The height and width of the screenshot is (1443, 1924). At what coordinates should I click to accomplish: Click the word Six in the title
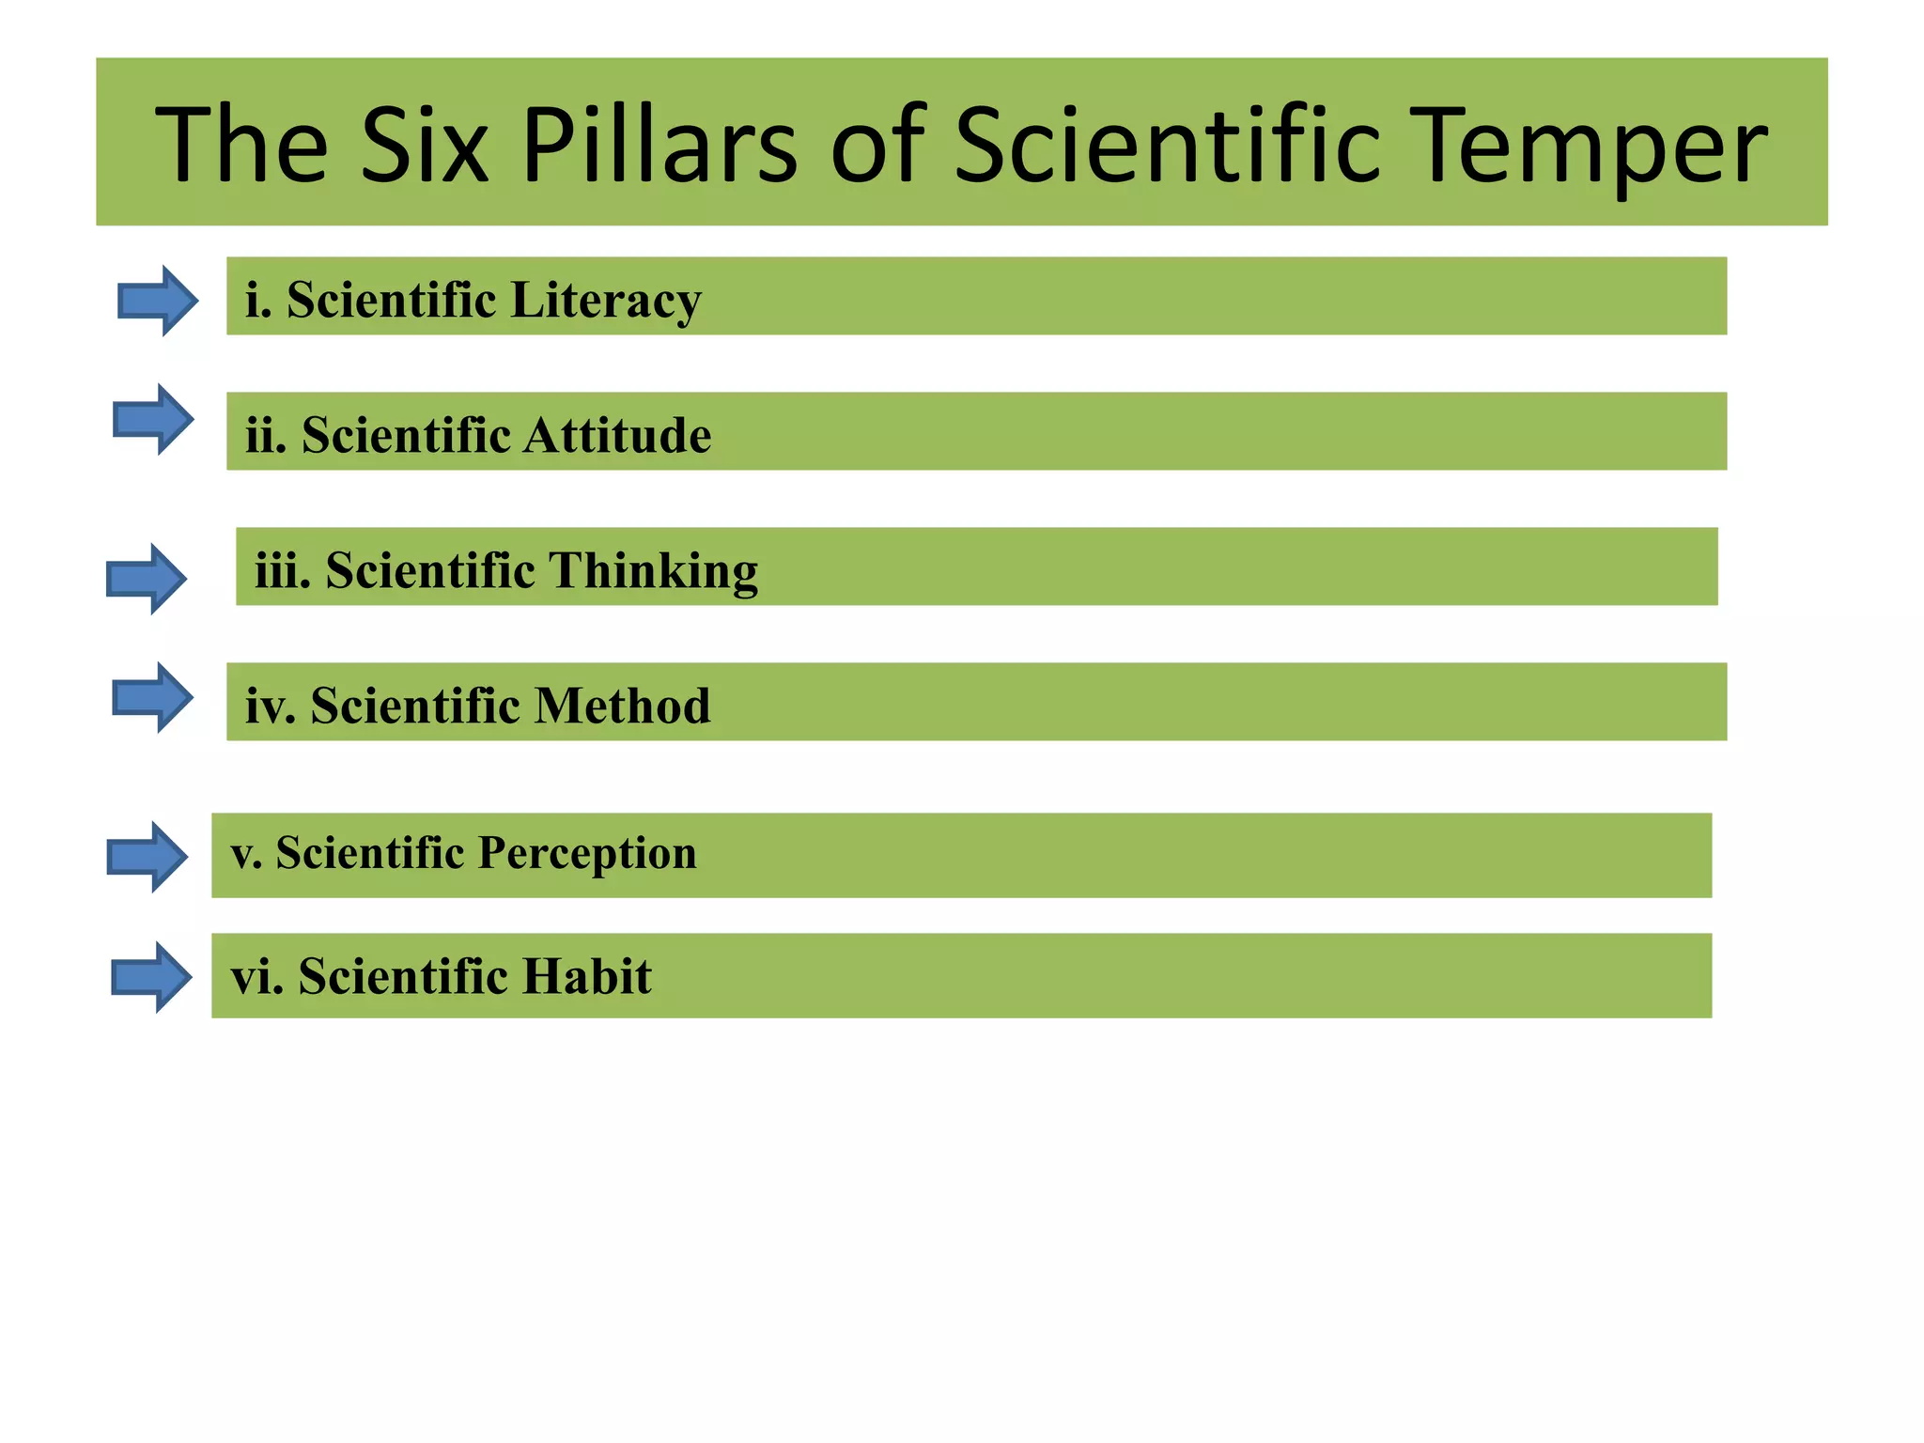point(424,146)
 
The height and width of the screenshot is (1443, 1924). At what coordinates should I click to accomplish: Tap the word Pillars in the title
point(659,146)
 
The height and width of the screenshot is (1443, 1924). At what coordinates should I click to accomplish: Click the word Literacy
point(606,301)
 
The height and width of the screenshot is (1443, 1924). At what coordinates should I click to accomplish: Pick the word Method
point(622,706)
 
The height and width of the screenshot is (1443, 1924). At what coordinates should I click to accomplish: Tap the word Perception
point(587,854)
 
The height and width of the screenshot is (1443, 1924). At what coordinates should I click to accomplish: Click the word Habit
point(586,976)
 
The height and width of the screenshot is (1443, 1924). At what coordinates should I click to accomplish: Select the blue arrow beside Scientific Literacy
point(157,301)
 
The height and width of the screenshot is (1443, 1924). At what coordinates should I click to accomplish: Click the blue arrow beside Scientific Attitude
point(152,419)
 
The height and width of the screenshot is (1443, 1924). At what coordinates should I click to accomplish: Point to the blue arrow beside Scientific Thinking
point(146,579)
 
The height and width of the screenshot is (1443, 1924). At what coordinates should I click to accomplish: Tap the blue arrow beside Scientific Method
point(152,698)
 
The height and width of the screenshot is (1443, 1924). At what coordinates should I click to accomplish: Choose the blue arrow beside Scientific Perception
point(147,857)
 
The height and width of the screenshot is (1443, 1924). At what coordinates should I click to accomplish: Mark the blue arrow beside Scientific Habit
point(151,977)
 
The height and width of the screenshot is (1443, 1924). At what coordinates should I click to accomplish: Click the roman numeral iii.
point(282,570)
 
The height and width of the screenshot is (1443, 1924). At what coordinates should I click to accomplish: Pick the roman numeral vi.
point(256,976)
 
